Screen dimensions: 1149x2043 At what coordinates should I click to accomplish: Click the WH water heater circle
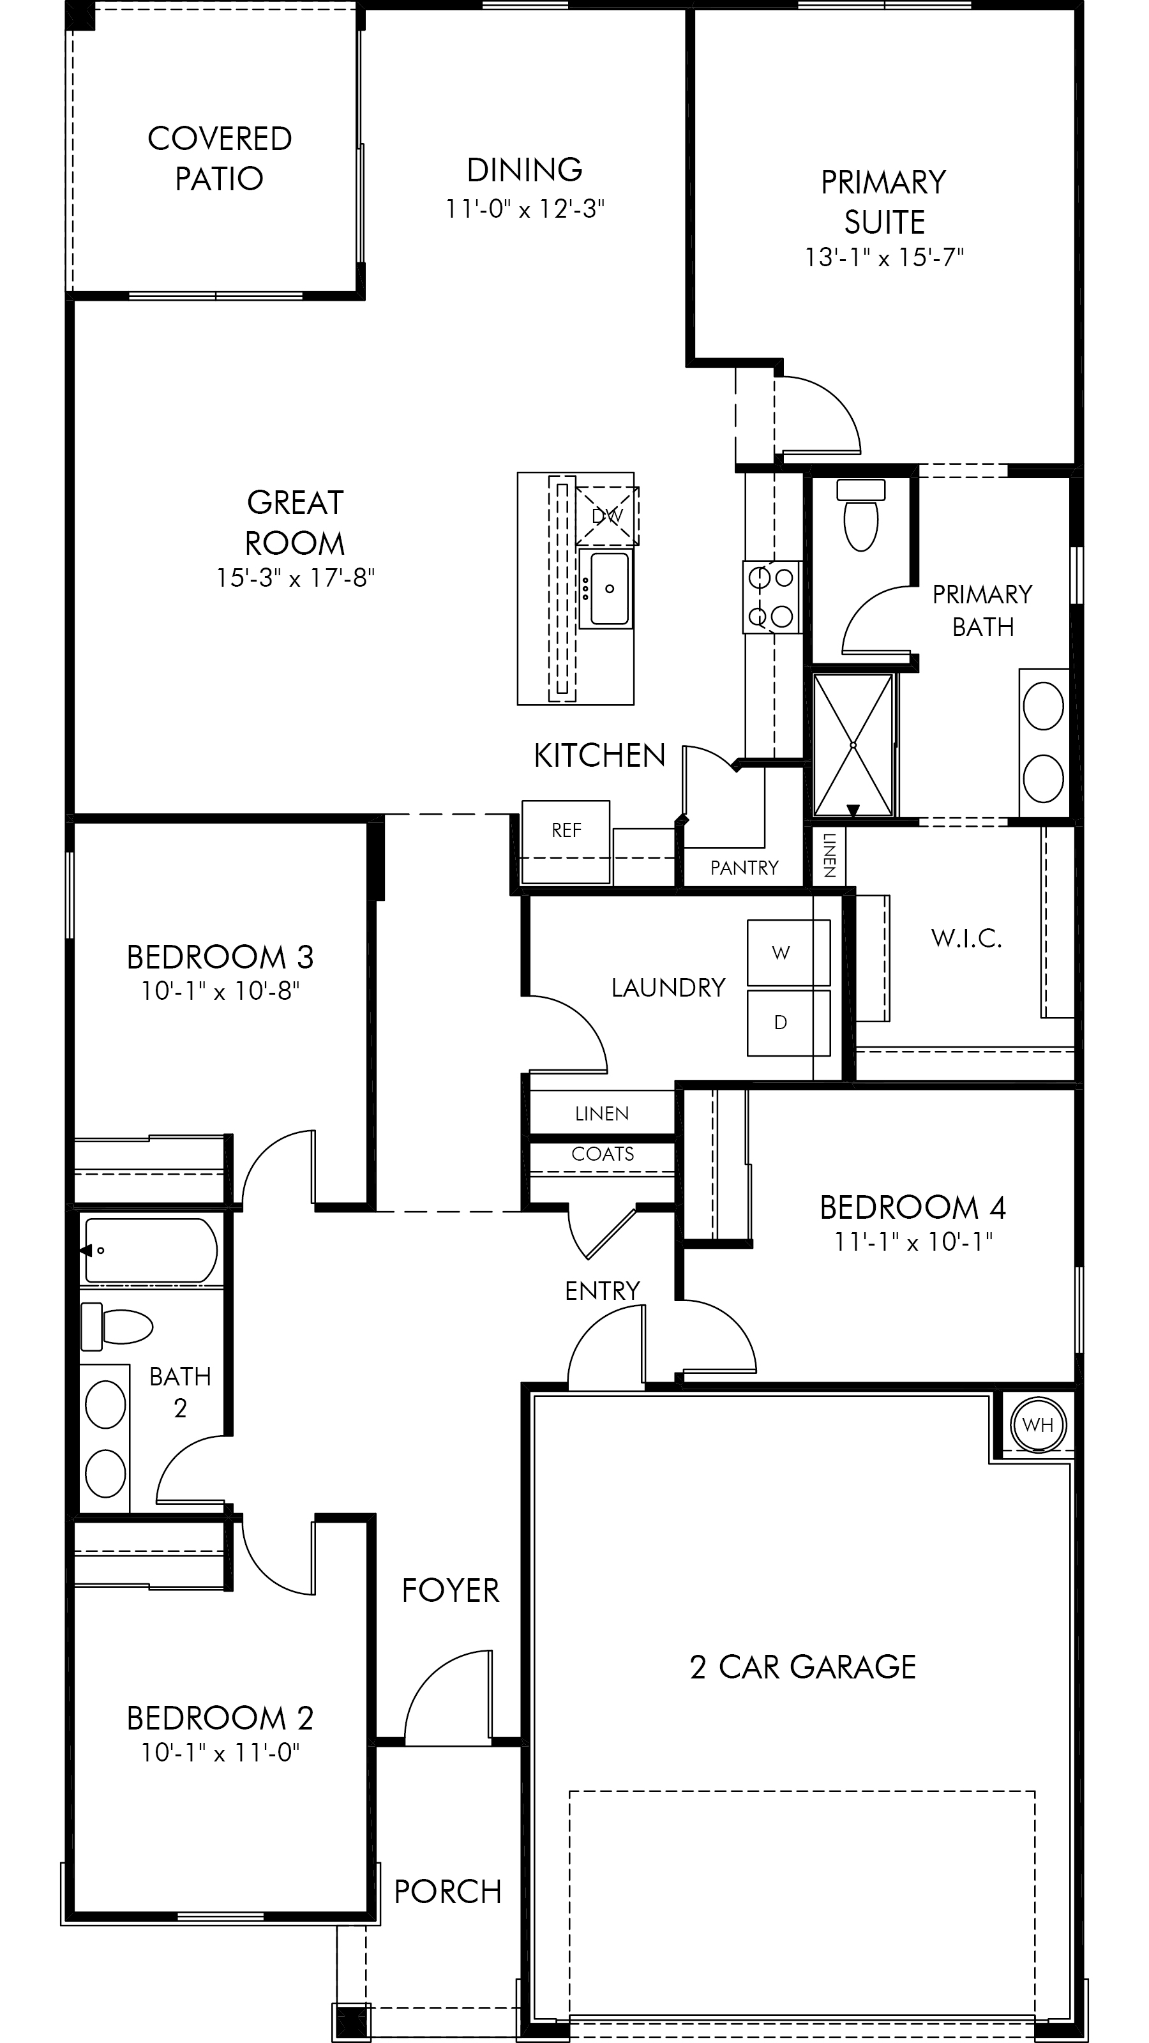(1038, 1424)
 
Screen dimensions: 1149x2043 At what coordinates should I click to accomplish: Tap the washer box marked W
(788, 953)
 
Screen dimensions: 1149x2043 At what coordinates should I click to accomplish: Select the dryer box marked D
(788, 1022)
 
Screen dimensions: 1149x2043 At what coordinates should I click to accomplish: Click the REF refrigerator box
(566, 841)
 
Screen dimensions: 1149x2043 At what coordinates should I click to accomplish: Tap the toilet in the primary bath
(861, 515)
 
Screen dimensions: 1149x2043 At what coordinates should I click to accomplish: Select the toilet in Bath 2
(117, 1326)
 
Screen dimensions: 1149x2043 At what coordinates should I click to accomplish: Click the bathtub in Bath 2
(151, 1251)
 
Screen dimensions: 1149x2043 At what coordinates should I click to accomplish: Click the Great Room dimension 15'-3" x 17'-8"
(295, 578)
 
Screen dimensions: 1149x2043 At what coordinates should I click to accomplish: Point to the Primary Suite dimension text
(884, 258)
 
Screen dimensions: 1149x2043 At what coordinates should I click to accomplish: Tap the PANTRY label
(744, 868)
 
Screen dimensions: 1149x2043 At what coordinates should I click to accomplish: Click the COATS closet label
(603, 1154)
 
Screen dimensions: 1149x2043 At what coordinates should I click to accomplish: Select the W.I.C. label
(966, 939)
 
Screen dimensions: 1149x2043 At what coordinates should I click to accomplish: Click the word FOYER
(451, 1591)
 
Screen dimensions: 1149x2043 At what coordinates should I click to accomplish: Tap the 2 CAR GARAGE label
(802, 1667)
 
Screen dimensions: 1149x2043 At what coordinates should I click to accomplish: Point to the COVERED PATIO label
(220, 158)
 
